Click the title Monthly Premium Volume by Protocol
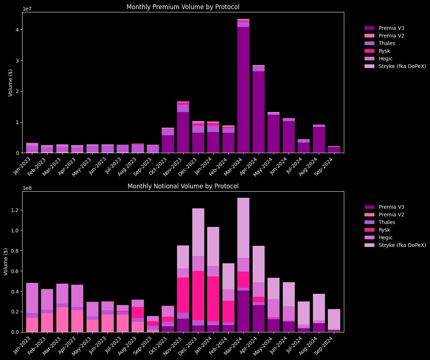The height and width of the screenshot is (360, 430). pos(183,7)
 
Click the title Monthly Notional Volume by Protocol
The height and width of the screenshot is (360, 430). pos(183,186)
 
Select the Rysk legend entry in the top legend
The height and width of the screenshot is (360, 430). pos(385,51)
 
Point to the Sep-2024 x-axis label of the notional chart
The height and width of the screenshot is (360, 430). pos(334,345)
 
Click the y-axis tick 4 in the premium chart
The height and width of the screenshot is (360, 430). pos(17,29)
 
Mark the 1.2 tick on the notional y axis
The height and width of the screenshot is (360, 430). pos(15,210)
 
